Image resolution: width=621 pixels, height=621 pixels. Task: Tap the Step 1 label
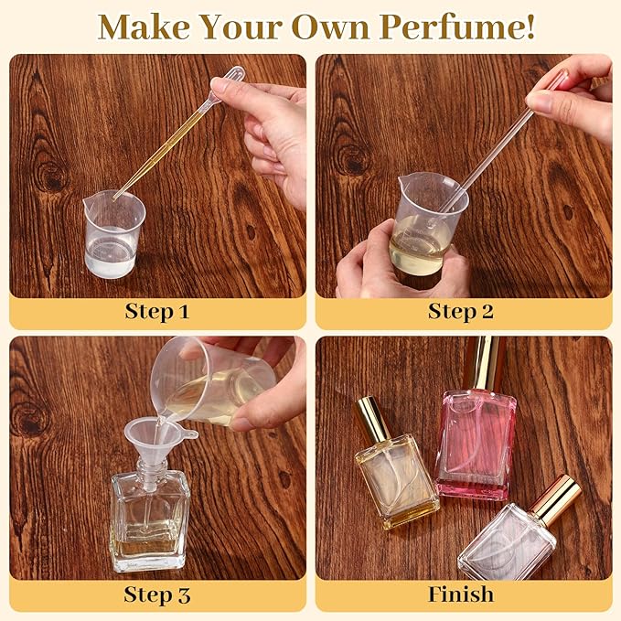click(x=156, y=311)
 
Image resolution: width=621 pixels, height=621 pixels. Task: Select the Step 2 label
click(x=461, y=311)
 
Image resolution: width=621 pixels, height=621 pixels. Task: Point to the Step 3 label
click(x=156, y=594)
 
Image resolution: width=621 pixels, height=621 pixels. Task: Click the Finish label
click(x=461, y=594)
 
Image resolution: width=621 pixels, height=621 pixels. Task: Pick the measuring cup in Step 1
click(x=114, y=233)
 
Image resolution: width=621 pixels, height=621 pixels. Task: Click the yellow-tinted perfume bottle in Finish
click(x=396, y=476)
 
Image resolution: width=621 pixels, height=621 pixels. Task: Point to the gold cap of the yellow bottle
click(x=372, y=419)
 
